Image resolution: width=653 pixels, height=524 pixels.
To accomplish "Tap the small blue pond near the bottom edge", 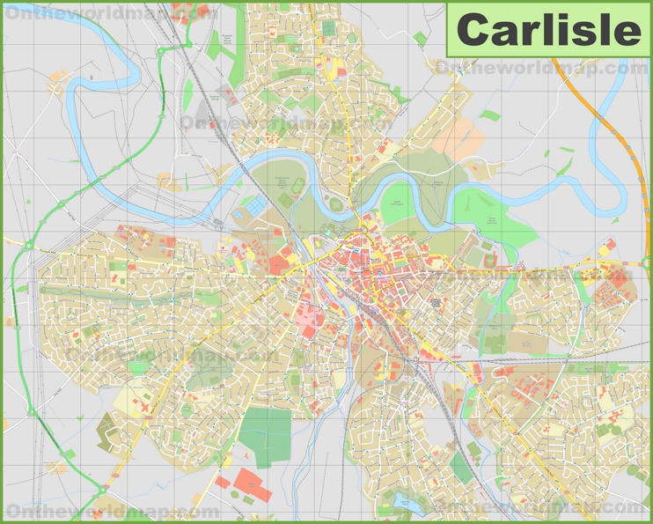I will (x=404, y=501).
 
